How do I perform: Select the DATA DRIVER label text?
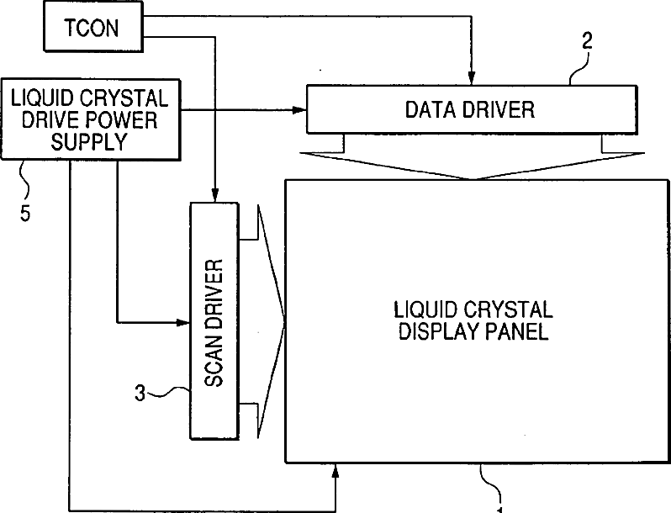coord(469,108)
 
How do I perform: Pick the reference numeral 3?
coord(140,391)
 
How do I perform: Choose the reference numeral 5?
coord(25,212)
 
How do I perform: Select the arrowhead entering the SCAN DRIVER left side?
coord(184,321)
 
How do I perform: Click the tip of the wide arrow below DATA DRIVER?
coord(476,177)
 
